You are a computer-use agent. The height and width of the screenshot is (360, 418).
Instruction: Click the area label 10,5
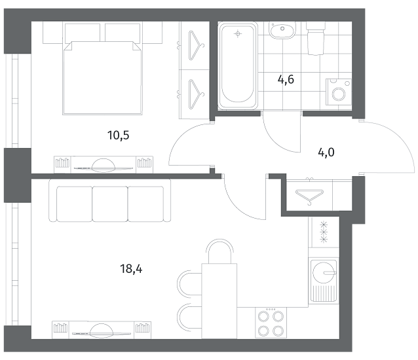[119, 135]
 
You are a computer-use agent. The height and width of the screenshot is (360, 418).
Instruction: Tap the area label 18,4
[131, 269]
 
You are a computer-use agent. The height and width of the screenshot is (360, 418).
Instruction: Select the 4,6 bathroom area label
[286, 79]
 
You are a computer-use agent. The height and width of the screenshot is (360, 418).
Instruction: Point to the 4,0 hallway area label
[326, 153]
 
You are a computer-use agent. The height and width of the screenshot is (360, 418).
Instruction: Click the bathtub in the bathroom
[238, 65]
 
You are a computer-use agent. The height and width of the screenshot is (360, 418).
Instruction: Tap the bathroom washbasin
[282, 30]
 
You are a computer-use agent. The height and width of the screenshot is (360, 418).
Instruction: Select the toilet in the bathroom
[316, 38]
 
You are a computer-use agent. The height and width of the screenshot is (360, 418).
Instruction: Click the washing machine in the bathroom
[339, 92]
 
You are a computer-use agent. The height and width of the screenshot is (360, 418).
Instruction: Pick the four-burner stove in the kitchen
[271, 323]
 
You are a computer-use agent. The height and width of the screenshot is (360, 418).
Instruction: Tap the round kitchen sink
[324, 273]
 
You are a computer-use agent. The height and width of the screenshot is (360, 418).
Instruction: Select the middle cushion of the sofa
[110, 204]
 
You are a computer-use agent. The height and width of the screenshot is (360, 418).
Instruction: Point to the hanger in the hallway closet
[309, 196]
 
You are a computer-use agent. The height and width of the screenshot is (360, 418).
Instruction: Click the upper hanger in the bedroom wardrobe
[195, 45]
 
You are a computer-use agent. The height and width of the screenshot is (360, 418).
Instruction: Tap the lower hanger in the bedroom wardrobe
[195, 94]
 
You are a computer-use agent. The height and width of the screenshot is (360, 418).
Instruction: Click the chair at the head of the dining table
[219, 250]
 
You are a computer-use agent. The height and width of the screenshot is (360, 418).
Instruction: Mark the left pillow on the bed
[83, 32]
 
